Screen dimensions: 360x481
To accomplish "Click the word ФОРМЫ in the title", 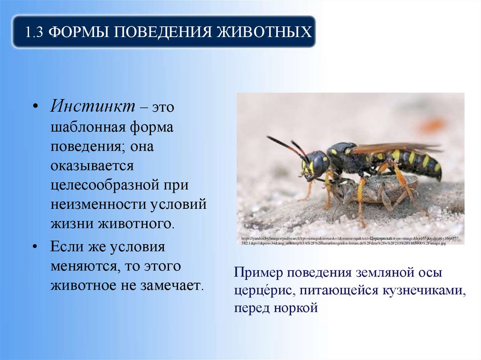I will point(79,32).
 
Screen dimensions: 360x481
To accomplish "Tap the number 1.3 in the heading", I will point(35,32).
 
